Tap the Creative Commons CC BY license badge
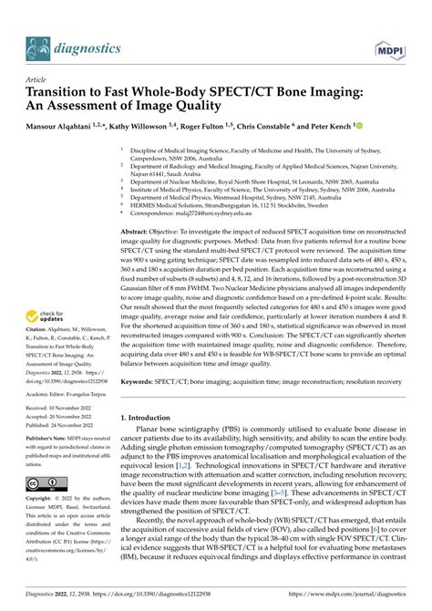[46, 480]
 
